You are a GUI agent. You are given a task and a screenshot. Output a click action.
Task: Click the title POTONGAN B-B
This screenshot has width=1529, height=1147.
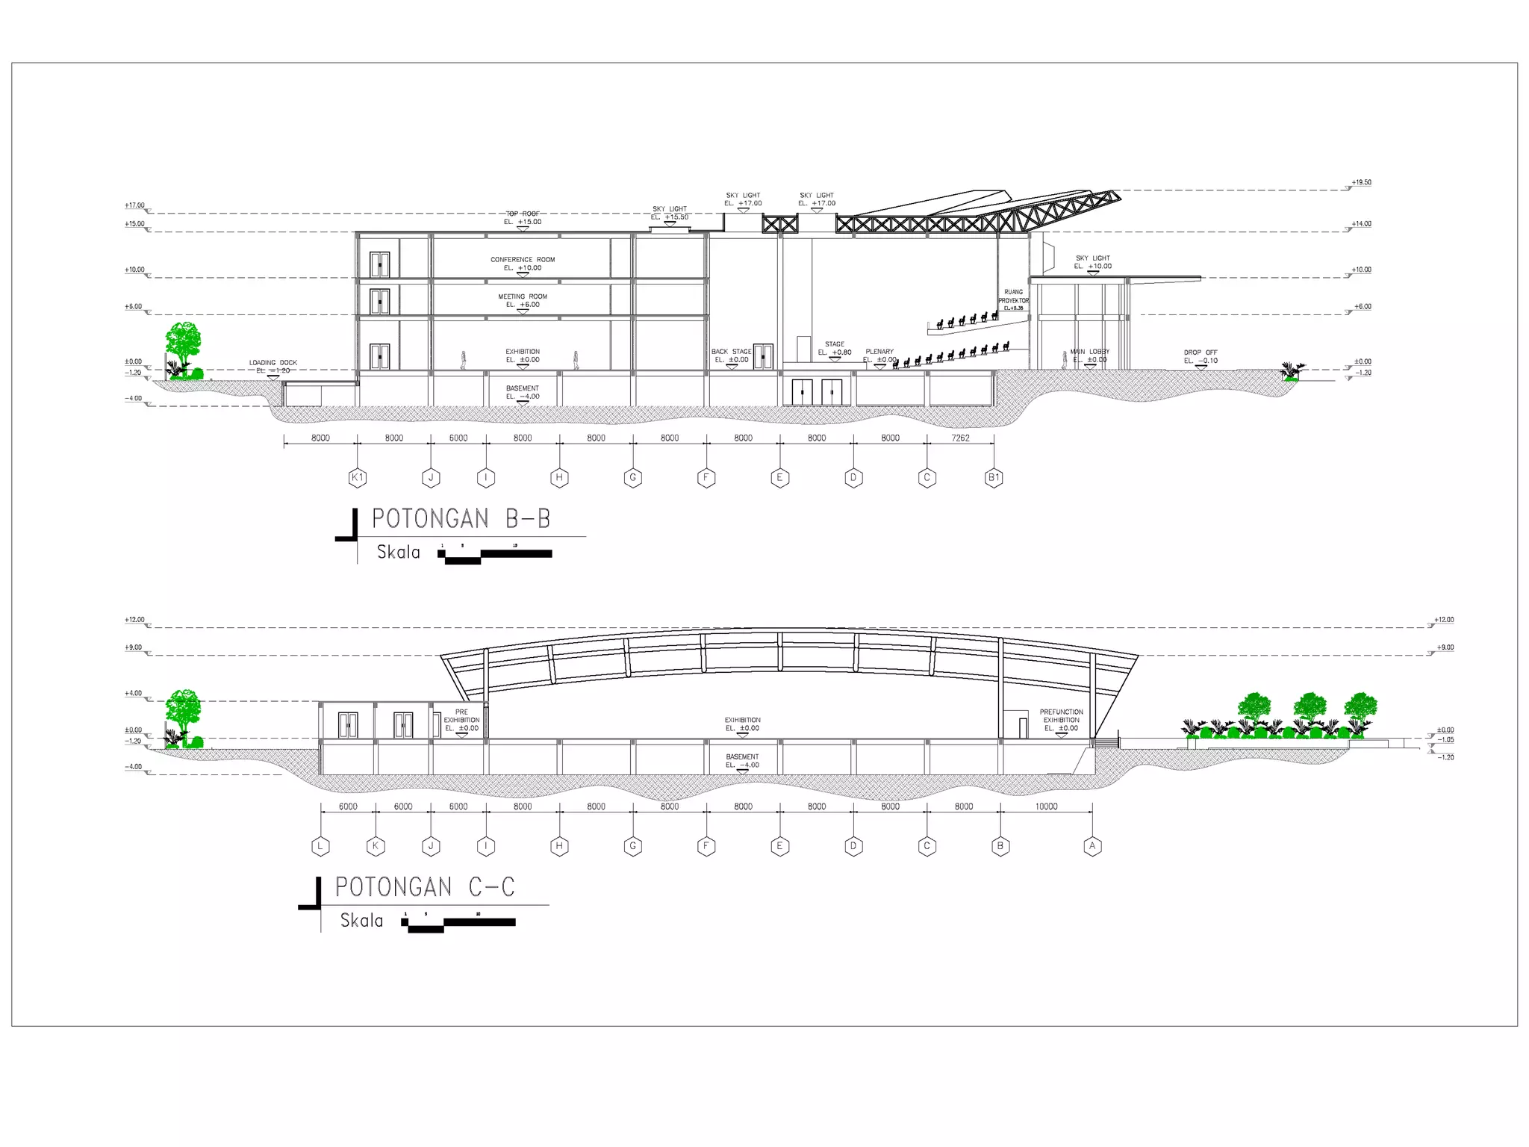(461, 518)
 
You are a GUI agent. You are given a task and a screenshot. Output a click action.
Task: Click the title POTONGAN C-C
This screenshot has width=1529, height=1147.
(425, 886)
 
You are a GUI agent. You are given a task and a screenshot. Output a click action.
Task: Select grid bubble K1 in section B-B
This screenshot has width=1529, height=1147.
(358, 478)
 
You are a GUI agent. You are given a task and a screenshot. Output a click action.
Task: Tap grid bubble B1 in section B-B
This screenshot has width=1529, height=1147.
(994, 478)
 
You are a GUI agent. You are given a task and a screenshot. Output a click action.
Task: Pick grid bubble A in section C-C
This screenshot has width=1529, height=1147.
(1092, 846)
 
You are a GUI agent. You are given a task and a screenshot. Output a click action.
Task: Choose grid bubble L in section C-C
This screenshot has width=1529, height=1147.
(320, 846)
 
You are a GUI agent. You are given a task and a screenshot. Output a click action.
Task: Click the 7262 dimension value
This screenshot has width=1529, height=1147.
(960, 438)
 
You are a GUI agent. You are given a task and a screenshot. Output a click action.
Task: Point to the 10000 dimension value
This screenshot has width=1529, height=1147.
(1046, 806)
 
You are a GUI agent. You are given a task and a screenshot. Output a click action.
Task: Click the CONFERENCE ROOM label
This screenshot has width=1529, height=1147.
(523, 260)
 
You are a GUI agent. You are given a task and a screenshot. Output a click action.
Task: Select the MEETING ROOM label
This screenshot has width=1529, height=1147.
(523, 296)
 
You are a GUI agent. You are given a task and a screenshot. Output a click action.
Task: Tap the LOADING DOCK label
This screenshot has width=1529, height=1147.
(273, 363)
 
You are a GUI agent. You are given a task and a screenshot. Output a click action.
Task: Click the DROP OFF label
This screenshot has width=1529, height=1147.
(1201, 352)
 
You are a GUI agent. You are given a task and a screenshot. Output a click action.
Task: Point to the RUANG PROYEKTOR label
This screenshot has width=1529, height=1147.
(1014, 296)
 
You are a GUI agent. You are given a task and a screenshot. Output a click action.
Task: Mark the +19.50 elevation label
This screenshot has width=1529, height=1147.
(1361, 182)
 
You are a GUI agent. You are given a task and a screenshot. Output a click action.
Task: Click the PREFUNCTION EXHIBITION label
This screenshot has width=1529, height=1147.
(1061, 716)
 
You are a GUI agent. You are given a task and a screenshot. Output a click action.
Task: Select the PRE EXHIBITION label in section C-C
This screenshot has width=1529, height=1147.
(461, 716)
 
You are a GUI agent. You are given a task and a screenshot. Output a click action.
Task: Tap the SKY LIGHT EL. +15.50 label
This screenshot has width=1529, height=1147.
(669, 213)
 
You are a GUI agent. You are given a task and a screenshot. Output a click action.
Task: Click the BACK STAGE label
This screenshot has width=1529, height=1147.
(731, 352)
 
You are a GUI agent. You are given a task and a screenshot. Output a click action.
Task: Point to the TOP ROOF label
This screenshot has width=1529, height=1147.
(523, 214)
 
